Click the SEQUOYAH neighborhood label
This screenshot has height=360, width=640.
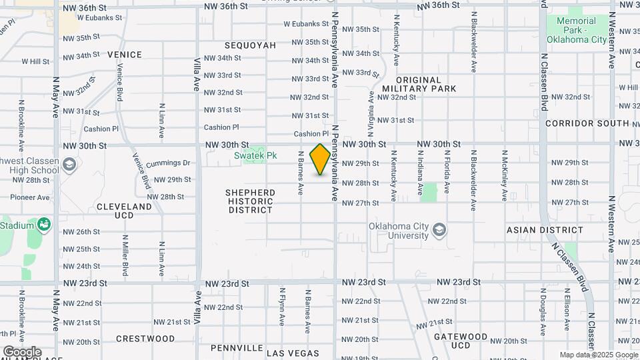pyautogui.click(x=251, y=45)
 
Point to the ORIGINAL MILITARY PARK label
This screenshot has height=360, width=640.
pyautogui.click(x=419, y=84)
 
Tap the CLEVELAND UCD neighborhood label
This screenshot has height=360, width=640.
pyautogui.click(x=125, y=211)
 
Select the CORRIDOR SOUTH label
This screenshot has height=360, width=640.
pyautogui.click(x=587, y=123)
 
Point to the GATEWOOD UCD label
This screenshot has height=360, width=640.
pyautogui.click(x=461, y=341)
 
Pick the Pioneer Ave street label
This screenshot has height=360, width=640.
pyautogui.click(x=29, y=197)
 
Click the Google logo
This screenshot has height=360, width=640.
pyautogui.click(x=22, y=352)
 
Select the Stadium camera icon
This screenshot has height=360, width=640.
pyautogui.click(x=44, y=225)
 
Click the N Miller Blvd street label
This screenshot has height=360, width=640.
pyautogui.click(x=125, y=256)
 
